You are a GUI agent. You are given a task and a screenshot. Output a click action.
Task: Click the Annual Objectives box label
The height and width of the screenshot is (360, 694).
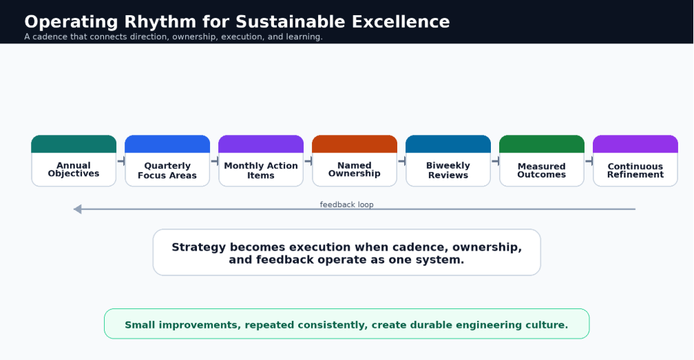[x=74, y=169]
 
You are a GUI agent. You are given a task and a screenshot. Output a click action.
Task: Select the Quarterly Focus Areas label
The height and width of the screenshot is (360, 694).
[x=167, y=170]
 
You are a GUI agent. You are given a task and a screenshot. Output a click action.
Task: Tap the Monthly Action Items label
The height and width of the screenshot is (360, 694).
[x=261, y=170]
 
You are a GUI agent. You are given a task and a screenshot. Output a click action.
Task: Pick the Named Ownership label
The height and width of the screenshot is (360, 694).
[x=355, y=169]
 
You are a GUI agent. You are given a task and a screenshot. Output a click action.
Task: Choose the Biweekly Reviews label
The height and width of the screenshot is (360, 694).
[x=448, y=170]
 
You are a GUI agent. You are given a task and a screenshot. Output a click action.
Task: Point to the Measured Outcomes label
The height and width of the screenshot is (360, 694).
[x=542, y=170]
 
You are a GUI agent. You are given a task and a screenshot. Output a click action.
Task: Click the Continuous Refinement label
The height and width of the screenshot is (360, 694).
[x=635, y=170]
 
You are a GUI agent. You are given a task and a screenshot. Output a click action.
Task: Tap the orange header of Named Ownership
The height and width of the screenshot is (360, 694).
[x=355, y=144]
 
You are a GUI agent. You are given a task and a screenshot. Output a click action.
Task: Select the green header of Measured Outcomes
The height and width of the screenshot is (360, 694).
[x=542, y=144]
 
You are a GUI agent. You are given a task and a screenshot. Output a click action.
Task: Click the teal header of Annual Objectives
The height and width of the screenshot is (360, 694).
[x=74, y=144]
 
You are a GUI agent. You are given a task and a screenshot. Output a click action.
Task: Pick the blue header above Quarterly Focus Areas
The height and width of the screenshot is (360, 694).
[x=167, y=144]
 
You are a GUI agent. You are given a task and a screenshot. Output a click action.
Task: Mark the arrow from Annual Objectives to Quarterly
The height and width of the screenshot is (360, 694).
[x=121, y=161]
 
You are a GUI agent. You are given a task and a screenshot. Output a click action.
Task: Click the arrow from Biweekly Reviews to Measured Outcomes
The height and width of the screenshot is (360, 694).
[x=495, y=161]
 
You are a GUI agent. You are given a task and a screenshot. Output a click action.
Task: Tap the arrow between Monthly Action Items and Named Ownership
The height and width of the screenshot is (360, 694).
[x=308, y=161]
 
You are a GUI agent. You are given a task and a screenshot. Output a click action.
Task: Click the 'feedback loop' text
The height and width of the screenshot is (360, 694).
[x=346, y=204]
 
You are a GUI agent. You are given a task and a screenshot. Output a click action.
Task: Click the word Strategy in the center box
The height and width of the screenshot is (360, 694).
[x=199, y=247]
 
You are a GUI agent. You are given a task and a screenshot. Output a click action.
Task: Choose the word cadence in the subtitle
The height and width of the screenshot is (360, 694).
[x=50, y=36]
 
